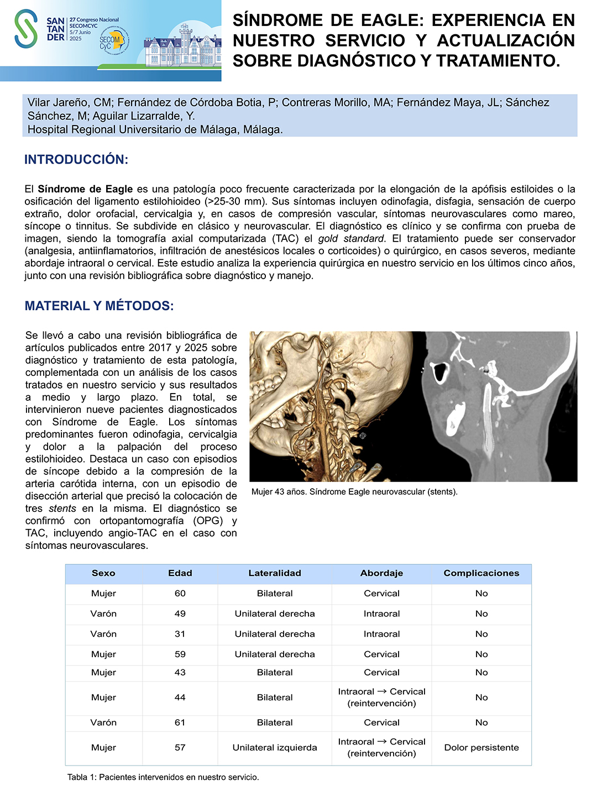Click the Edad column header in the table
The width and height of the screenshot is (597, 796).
pos(180,573)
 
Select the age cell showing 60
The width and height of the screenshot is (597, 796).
pos(180,594)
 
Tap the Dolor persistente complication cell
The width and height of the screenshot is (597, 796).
pos(481,748)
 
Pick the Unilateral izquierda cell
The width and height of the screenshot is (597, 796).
pos(275,748)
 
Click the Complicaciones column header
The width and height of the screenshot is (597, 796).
pos(481,573)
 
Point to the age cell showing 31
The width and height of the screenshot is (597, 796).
pos(180,634)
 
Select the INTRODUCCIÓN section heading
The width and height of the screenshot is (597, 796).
pos(76,160)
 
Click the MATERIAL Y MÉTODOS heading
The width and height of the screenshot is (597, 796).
pos(99,306)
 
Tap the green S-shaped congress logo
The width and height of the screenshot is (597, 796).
pos(26,29)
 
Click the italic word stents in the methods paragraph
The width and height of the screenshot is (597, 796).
pos(62,509)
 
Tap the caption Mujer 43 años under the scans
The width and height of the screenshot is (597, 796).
pos(354,492)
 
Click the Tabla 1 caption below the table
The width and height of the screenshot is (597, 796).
pos(163,777)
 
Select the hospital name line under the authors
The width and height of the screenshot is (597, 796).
pos(155,130)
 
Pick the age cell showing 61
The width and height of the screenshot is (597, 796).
pos(180,723)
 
